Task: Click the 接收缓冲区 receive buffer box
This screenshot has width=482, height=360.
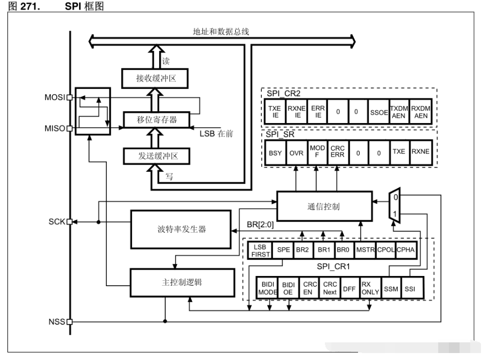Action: click(x=155, y=79)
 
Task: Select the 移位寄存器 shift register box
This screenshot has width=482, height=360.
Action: click(x=157, y=120)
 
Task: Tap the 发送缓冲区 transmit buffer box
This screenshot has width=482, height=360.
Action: click(x=157, y=156)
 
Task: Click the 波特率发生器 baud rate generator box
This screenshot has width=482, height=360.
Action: click(x=181, y=229)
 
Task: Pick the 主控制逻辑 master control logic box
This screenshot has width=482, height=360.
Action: click(x=182, y=282)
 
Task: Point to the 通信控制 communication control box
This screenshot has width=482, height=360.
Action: click(x=324, y=206)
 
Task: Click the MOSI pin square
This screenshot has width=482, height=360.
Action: click(x=70, y=97)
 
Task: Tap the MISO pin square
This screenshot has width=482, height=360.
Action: click(x=70, y=128)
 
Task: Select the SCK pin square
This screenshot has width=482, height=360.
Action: click(x=70, y=221)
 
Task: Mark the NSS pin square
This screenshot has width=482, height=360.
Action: click(x=70, y=322)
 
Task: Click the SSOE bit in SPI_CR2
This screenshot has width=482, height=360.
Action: click(x=379, y=112)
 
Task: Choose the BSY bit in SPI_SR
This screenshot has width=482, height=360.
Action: click(x=275, y=153)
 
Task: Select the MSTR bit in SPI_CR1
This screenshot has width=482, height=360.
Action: click(x=365, y=249)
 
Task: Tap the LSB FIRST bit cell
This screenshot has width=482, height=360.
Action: click(x=260, y=250)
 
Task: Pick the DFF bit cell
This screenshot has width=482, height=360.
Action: click(x=349, y=289)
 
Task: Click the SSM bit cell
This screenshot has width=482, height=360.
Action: click(x=391, y=289)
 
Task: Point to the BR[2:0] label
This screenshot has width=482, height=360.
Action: click(x=260, y=225)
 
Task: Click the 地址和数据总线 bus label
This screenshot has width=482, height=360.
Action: click(x=221, y=32)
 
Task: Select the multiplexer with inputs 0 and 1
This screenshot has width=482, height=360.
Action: click(x=395, y=205)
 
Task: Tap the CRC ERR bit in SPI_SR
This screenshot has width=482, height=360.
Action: click(x=338, y=151)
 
